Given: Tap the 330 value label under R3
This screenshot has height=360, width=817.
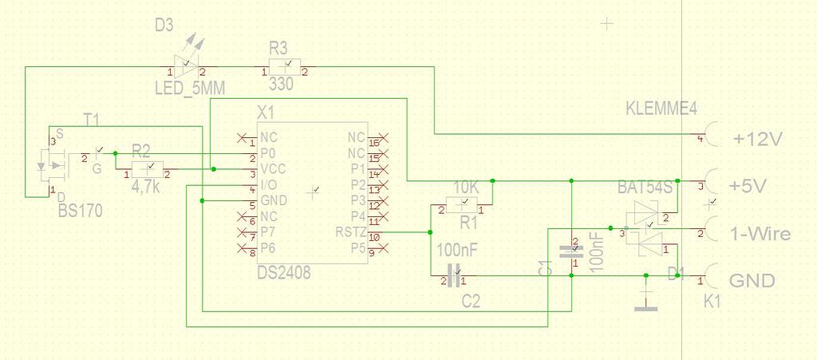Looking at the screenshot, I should (282, 84).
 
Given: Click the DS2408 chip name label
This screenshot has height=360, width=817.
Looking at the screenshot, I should (284, 274).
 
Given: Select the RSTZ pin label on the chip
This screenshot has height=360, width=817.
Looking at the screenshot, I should (352, 232).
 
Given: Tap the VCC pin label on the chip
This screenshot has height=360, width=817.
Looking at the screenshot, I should (274, 168).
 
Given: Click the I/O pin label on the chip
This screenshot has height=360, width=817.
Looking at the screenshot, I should (269, 184).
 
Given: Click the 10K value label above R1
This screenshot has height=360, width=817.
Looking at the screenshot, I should (466, 187).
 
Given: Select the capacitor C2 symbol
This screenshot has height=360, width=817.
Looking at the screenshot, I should (453, 277).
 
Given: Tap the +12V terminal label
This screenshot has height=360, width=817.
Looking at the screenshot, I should (756, 139).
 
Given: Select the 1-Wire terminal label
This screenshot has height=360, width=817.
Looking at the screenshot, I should (760, 234).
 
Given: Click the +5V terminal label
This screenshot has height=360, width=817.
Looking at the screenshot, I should (748, 186).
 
